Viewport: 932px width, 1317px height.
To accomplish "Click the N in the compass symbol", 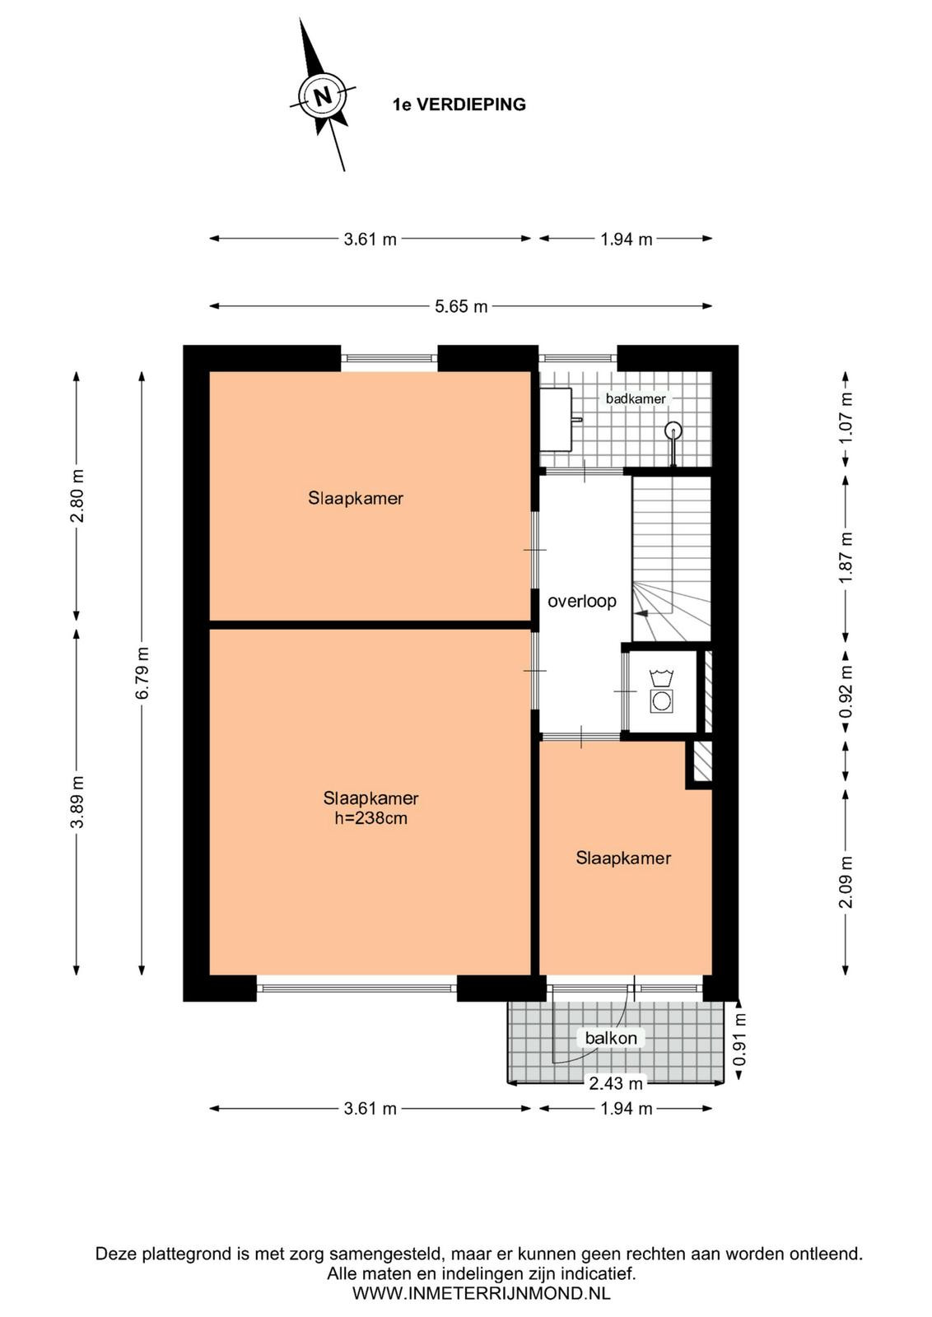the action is [322, 95].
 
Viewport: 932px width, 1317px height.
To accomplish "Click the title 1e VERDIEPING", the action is [459, 105].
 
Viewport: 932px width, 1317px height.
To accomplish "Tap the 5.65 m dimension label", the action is [461, 306].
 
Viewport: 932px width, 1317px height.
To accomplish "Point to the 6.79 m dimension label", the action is [142, 672].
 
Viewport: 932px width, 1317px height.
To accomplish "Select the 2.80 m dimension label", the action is [77, 496].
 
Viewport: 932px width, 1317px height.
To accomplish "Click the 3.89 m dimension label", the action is [77, 802].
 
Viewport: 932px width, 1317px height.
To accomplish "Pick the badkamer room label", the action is [636, 398].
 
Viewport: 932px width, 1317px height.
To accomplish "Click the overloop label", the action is [581, 602].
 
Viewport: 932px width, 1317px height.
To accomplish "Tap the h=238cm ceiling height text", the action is [370, 818].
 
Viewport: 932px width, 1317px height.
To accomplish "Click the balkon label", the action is [610, 1038].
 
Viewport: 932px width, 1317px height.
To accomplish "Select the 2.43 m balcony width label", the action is [615, 1082].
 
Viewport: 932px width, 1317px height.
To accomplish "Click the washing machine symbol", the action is [661, 691].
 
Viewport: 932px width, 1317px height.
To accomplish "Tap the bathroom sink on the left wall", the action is [557, 419].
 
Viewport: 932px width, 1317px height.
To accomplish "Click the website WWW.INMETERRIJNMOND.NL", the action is [481, 1293].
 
